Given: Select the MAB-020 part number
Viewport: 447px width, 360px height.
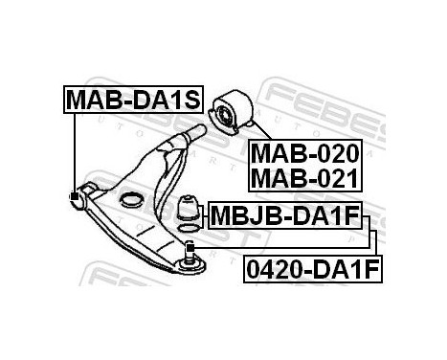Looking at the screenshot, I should click(x=305, y=153).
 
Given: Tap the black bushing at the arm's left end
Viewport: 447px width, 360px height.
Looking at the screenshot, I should click(x=77, y=197).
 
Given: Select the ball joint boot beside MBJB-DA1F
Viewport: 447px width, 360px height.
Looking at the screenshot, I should click(x=190, y=209).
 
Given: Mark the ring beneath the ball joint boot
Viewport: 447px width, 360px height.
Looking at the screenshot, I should click(x=190, y=230).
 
